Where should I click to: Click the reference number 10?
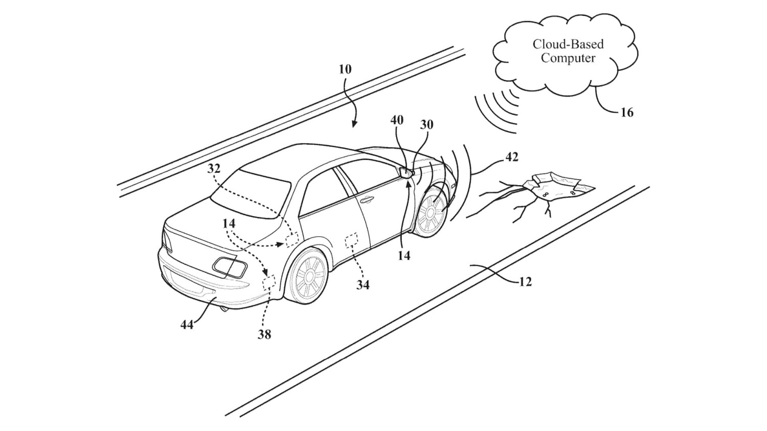pyautogui.click(x=345, y=69)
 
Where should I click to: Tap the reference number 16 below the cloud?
pyautogui.click(x=627, y=112)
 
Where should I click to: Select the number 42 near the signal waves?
pyautogui.click(x=511, y=157)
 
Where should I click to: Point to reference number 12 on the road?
pyautogui.click(x=525, y=281)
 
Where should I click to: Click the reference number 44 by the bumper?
pyautogui.click(x=187, y=324)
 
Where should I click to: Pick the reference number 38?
pyautogui.click(x=264, y=334)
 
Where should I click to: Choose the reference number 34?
pyautogui.click(x=363, y=284)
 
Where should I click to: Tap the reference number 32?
pyautogui.click(x=214, y=169)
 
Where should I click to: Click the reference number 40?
pyautogui.click(x=397, y=120)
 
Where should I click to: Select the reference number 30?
pyautogui.click(x=426, y=124)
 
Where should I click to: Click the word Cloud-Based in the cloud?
pyautogui.click(x=568, y=44)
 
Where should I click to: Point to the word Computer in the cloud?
pyautogui.click(x=568, y=58)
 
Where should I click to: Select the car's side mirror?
pyautogui.click(x=407, y=172)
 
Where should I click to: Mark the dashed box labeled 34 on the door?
pyautogui.click(x=352, y=240)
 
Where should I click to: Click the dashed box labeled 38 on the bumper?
pyautogui.click(x=269, y=282)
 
